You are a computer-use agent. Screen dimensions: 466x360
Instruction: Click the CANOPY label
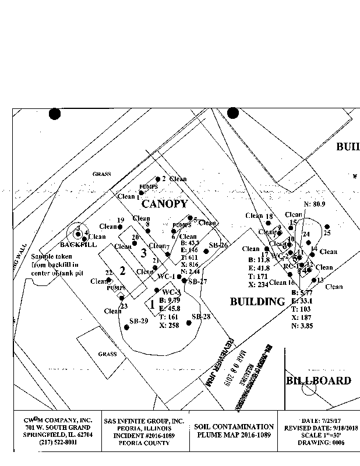165,204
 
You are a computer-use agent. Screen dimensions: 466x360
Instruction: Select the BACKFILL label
78,245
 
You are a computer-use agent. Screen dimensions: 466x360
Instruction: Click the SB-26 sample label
218,245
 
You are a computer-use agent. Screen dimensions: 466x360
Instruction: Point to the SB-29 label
139,321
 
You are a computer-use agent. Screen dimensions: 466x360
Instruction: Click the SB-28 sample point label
200,316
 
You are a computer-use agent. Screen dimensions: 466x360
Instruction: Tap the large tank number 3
143,253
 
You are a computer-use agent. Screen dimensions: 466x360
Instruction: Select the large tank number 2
123,270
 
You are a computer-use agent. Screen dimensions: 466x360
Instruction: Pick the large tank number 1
152,303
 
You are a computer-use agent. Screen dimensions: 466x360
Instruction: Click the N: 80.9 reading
315,204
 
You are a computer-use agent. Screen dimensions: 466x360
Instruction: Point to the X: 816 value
190,264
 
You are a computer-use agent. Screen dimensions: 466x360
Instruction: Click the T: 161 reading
170,317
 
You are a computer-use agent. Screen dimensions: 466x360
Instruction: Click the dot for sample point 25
327,227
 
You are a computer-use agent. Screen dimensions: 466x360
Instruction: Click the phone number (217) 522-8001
50,443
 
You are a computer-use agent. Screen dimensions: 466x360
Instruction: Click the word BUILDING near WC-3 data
257,302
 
